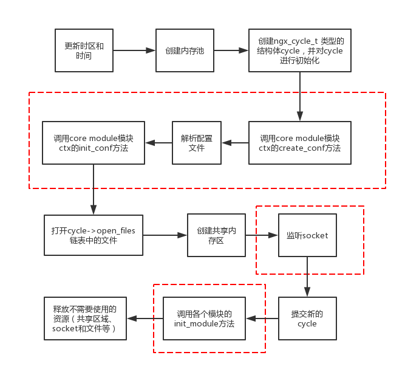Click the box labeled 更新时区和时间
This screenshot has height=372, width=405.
point(84,50)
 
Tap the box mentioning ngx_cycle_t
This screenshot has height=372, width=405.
point(299,50)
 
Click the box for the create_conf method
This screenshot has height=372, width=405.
point(299,143)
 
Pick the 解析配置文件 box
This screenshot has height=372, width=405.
point(197,143)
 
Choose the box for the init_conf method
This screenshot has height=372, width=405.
point(93,143)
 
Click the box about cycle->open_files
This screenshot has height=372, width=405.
point(93,235)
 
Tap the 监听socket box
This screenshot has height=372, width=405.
point(307,235)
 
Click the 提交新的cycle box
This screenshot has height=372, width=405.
point(307,319)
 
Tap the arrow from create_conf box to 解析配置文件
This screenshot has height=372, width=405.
point(235,143)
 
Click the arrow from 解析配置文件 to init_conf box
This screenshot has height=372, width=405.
point(158,143)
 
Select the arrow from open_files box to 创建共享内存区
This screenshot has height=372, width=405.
point(165,235)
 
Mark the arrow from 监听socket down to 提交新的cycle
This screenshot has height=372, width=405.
point(307,277)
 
